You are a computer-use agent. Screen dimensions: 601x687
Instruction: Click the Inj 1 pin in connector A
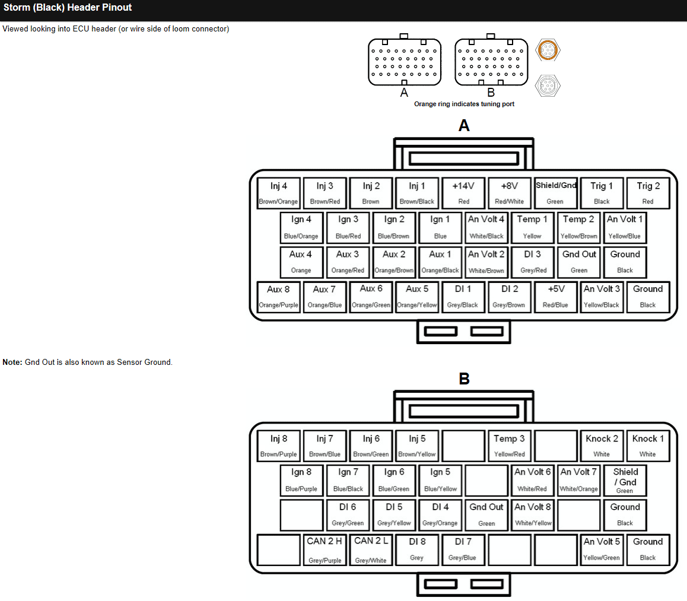coord(417,193)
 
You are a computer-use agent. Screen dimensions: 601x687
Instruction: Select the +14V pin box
coord(463,193)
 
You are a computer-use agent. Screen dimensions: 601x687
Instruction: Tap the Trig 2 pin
coord(648,193)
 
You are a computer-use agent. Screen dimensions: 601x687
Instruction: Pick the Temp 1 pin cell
coord(532,227)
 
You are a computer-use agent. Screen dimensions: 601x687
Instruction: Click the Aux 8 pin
coord(278,297)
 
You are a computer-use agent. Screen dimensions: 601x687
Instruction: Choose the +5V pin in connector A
coord(556,297)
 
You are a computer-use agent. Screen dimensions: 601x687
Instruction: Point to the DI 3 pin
coord(532,262)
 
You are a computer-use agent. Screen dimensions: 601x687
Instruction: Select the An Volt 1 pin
coord(625,227)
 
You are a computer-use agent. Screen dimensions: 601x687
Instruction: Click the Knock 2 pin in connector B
coord(602,446)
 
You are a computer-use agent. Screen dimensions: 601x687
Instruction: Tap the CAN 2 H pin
coord(325,549)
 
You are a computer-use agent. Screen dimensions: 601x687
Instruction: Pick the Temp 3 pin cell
coord(510,446)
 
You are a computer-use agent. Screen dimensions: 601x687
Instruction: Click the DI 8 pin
coord(417,549)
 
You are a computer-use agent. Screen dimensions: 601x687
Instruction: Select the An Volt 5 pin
coord(602,549)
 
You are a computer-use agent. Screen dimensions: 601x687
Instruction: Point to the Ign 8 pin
coord(301,480)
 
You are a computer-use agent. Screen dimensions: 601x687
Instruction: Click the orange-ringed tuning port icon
coord(548,50)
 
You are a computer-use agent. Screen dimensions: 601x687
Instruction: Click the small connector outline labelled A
coord(405,62)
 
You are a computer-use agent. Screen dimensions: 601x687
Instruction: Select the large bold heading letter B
coord(464,379)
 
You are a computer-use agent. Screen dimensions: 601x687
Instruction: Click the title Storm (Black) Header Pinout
coord(68,8)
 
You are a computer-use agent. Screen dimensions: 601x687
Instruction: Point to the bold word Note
coord(12,362)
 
